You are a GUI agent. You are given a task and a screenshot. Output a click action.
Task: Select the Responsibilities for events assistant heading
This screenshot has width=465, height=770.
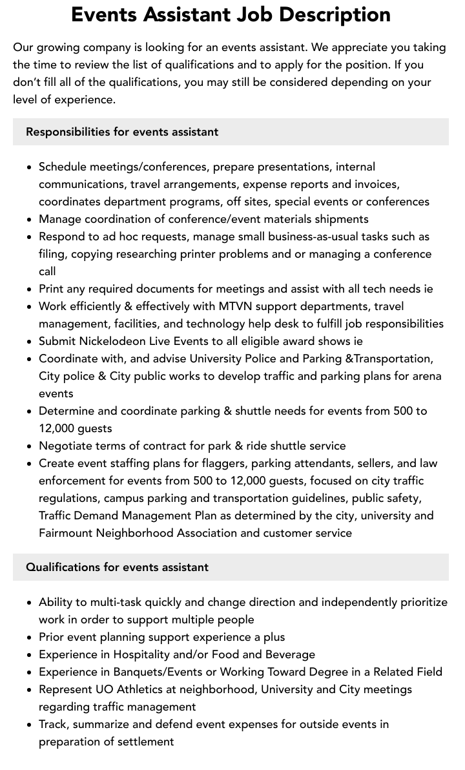122,132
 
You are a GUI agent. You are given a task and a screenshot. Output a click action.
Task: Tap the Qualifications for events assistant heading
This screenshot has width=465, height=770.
117,567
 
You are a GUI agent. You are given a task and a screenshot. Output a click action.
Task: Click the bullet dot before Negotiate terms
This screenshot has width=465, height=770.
30,446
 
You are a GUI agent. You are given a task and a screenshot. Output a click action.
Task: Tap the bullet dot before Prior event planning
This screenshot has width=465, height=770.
30,638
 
